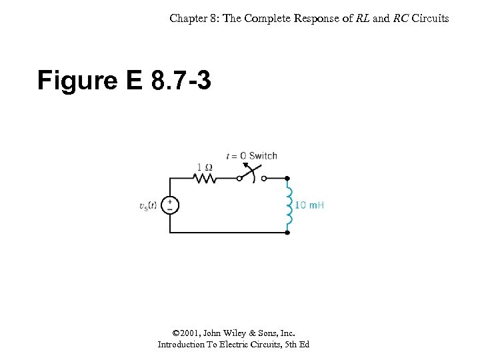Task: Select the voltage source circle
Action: (x=170, y=206)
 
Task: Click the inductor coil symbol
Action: (x=288, y=205)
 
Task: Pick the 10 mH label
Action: (x=309, y=205)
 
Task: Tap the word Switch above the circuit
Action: (x=263, y=156)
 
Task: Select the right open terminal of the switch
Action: (x=264, y=179)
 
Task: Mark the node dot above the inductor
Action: (x=287, y=179)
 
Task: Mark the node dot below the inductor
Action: (x=287, y=233)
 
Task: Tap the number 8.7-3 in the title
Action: (x=181, y=81)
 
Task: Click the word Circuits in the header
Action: (x=430, y=18)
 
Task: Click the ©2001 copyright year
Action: (x=185, y=333)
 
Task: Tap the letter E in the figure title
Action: (x=133, y=81)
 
